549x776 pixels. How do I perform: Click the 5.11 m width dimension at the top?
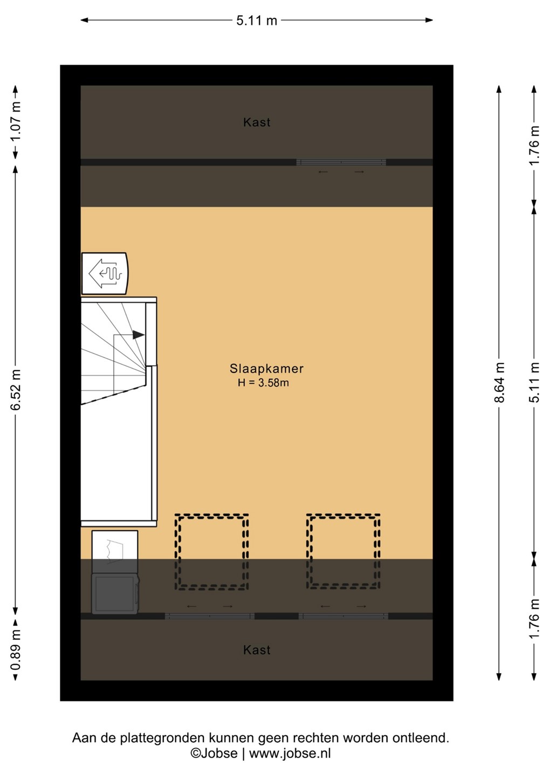point(257,20)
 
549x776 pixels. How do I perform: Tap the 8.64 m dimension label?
point(499,383)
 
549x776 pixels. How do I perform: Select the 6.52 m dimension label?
point(16,390)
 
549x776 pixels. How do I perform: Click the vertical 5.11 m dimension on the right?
point(534,383)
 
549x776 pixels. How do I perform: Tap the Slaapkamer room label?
point(266,368)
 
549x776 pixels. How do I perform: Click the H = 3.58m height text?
point(263,383)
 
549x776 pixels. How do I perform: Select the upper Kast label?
point(257,122)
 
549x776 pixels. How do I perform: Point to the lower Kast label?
point(257,650)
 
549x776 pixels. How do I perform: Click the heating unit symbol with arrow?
point(105,273)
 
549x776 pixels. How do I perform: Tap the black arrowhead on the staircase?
point(139,335)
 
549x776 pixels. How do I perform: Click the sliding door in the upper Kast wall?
point(341,162)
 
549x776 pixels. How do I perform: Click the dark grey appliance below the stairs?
point(115,594)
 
